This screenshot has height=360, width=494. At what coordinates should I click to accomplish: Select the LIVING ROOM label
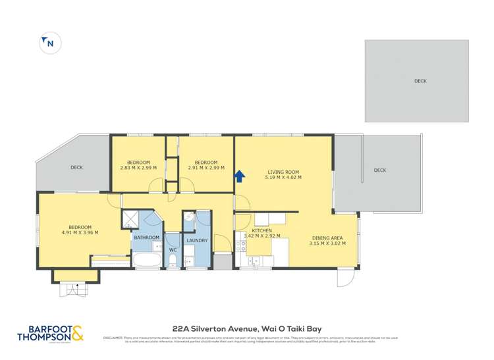[283, 170]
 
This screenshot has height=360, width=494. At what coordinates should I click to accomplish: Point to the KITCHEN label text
[262, 230]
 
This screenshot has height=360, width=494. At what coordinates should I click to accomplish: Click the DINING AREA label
[327, 238]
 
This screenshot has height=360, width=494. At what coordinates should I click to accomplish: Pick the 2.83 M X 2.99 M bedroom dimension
[138, 168]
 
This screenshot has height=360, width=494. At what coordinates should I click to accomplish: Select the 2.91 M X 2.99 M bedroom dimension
[206, 168]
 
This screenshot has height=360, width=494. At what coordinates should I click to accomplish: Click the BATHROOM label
[147, 238]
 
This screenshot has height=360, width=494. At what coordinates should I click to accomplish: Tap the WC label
[173, 250]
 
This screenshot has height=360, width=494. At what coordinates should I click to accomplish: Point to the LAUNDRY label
[197, 240]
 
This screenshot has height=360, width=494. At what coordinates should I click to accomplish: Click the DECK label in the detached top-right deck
[420, 81]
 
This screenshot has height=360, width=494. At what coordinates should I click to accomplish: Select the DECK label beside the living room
[379, 170]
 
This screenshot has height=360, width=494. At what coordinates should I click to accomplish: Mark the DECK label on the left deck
[76, 167]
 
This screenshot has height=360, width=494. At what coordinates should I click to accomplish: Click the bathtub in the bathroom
[146, 260]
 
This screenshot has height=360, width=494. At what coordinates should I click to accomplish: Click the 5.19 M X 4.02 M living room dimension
[283, 177]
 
